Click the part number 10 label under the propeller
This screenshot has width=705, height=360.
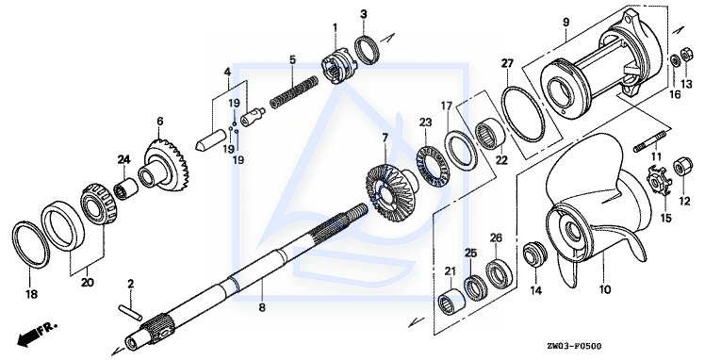[x=605, y=290]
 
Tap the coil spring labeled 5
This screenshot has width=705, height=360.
[x=294, y=92]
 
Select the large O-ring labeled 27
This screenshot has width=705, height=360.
[x=523, y=115]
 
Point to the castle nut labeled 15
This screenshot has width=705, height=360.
[x=659, y=181]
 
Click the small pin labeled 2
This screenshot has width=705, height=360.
[x=131, y=311]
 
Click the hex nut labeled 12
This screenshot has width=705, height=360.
[x=682, y=167]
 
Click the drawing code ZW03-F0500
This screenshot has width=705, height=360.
[x=574, y=346]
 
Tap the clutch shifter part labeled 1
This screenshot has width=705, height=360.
[x=339, y=67]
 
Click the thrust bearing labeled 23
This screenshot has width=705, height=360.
[x=433, y=167]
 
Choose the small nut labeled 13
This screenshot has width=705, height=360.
[x=686, y=56]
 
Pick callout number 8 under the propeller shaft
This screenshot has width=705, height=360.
[x=262, y=308]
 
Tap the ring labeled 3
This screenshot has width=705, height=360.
[x=367, y=49]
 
